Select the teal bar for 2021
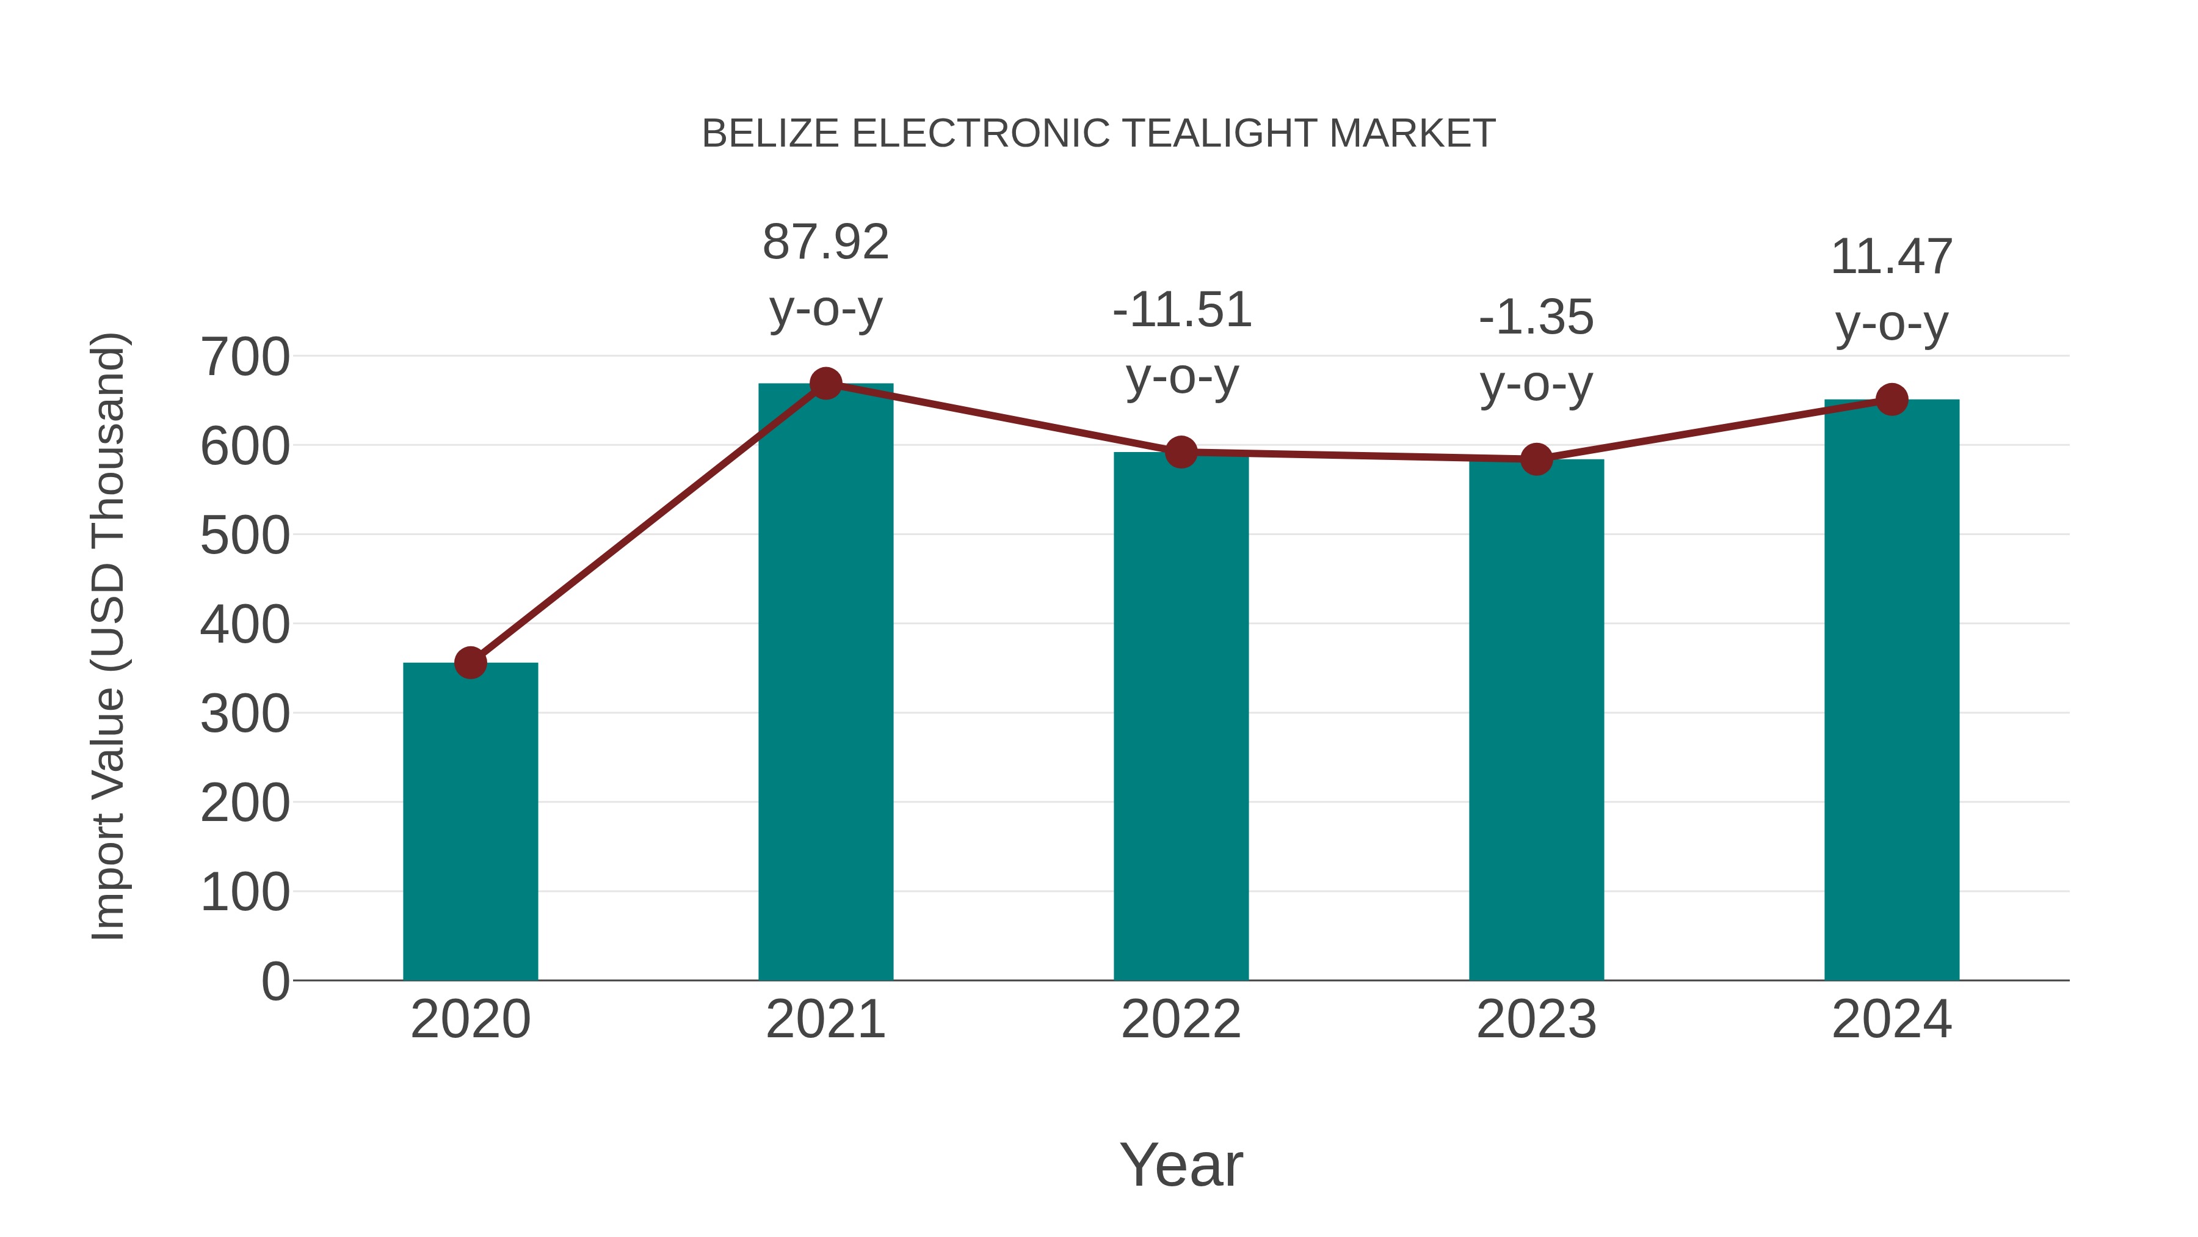click(x=825, y=682)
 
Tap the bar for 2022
click(x=1181, y=717)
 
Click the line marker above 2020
click(x=470, y=662)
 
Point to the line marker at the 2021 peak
click(x=825, y=384)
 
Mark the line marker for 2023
click(x=1536, y=459)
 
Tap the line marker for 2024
click(x=1892, y=399)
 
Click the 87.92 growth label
click(x=825, y=243)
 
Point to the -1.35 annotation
click(x=1536, y=318)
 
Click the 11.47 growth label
click(x=1892, y=257)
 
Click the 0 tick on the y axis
click(x=275, y=981)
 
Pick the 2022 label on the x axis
click(x=1181, y=1020)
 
